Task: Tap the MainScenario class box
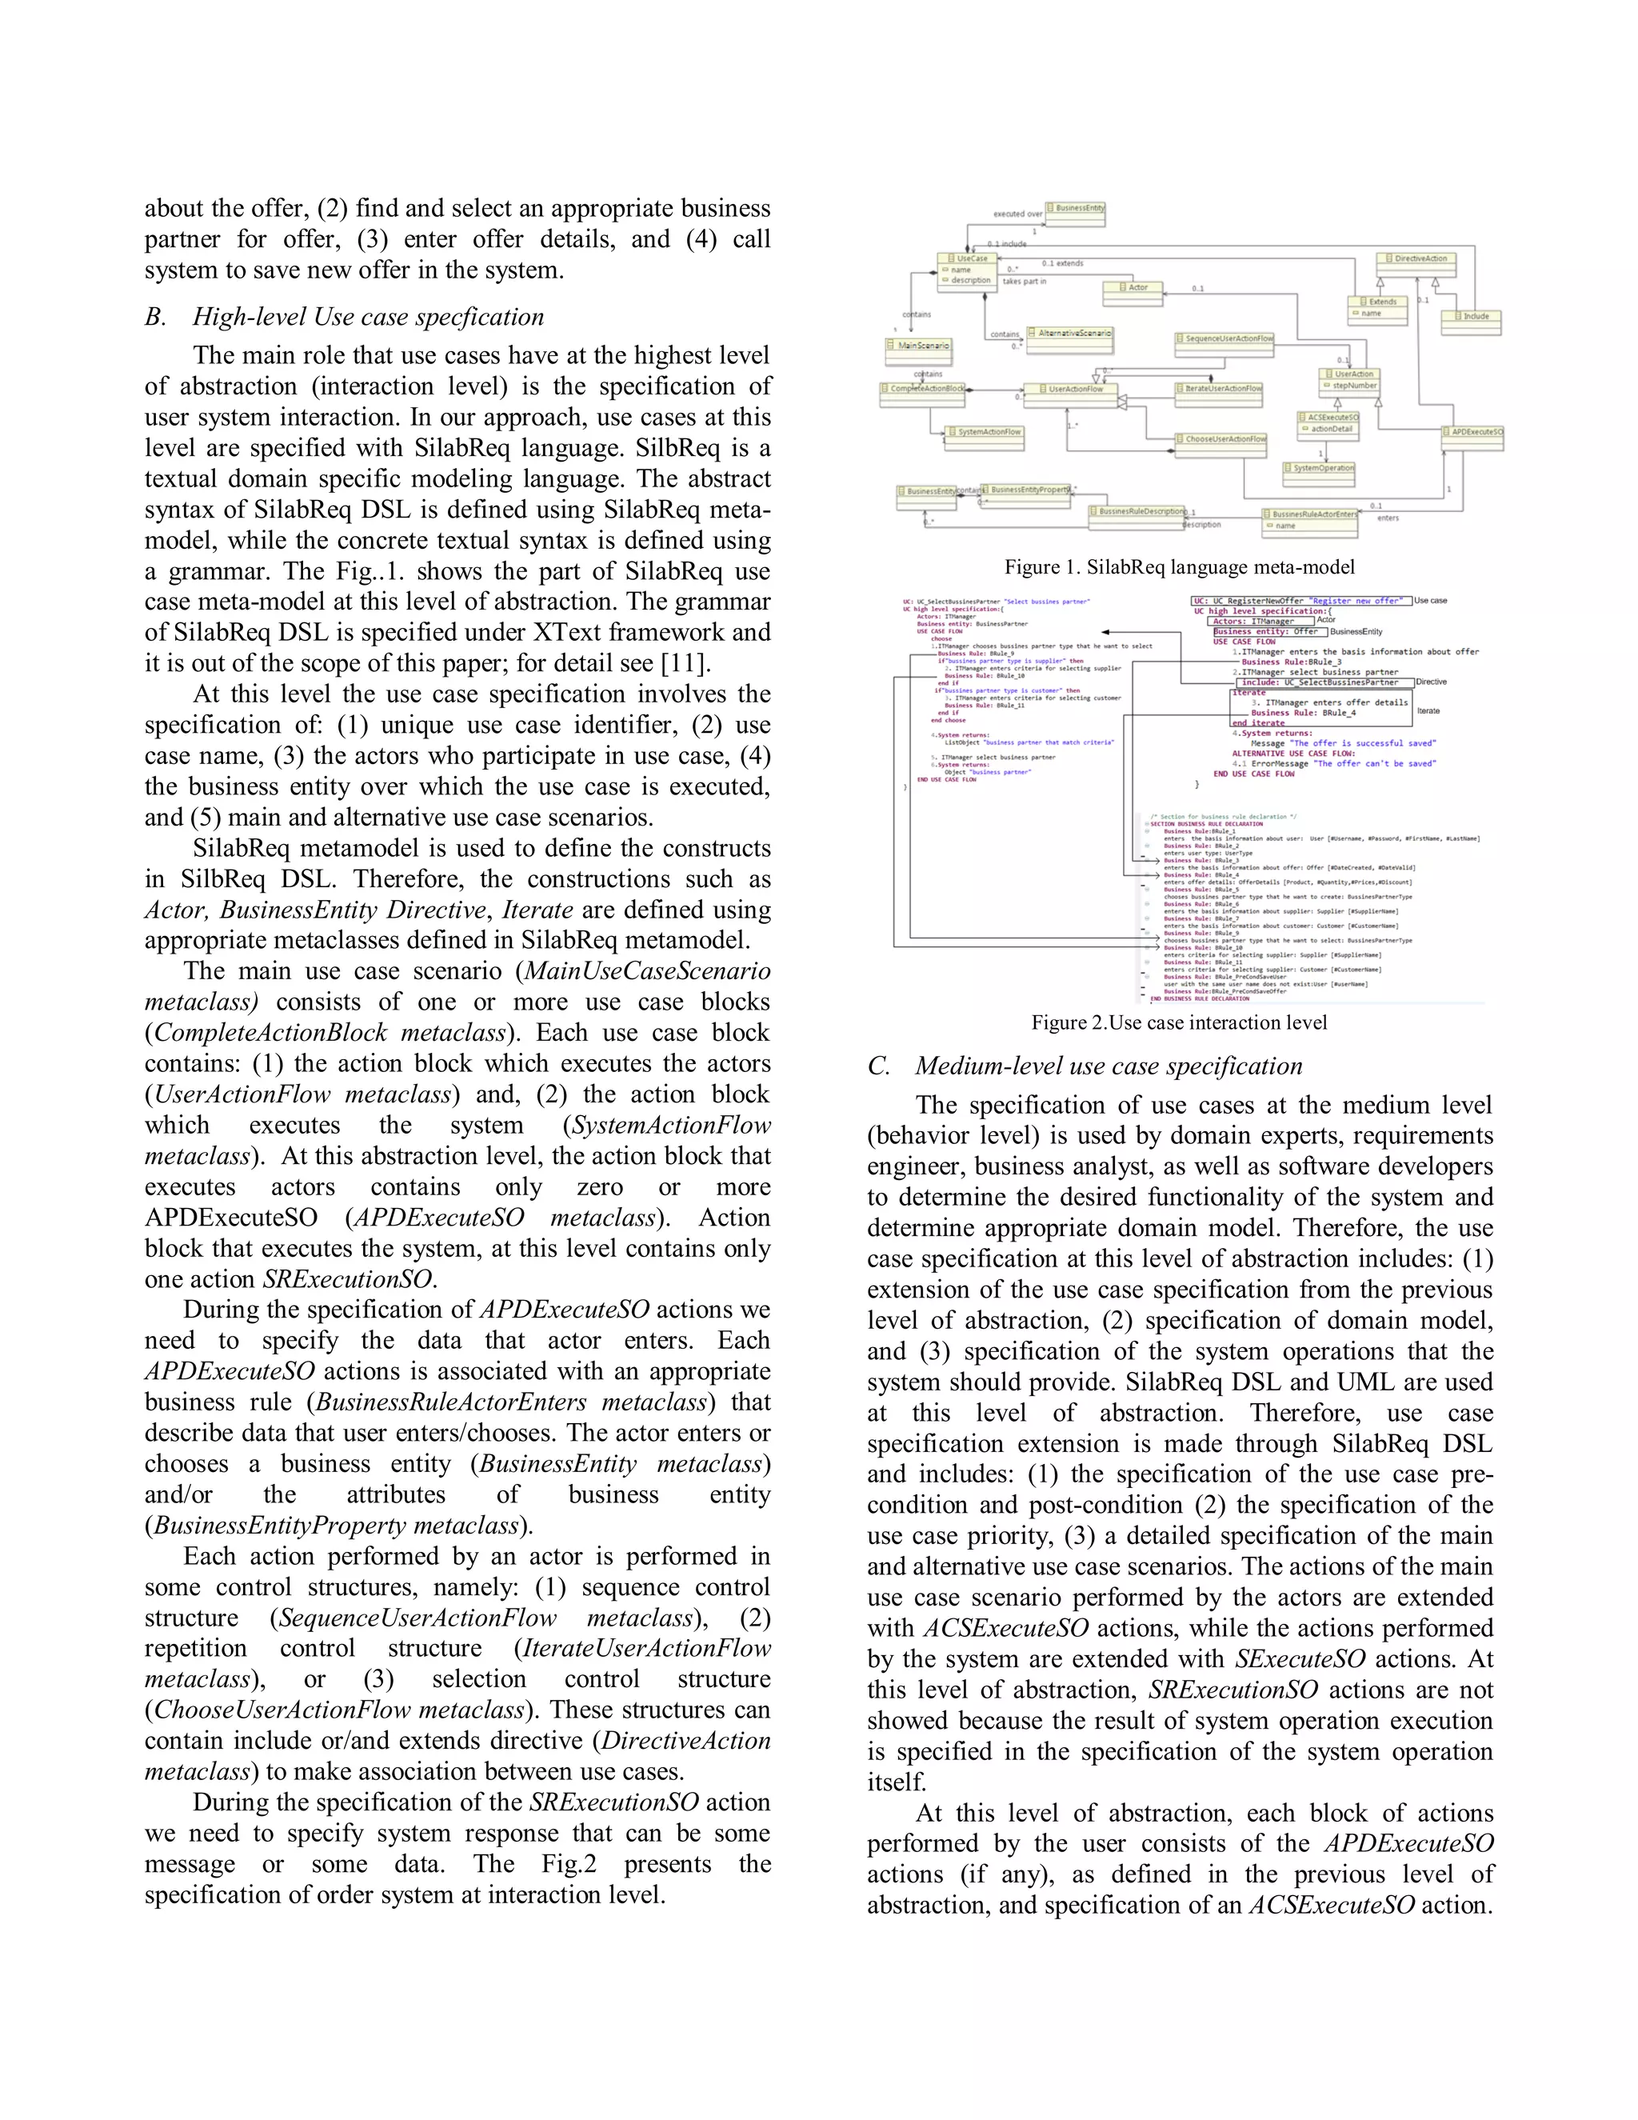918,346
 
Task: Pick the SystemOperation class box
1319,468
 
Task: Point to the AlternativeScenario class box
1069,333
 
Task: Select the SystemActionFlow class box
984,432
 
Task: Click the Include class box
1470,317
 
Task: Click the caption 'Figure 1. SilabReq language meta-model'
1179,567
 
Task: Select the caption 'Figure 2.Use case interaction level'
1179,1022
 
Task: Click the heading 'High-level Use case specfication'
368,317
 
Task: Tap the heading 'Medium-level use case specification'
1109,1066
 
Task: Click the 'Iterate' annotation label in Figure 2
1428,711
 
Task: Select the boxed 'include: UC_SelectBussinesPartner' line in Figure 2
1320,682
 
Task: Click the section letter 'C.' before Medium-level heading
878,1066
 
